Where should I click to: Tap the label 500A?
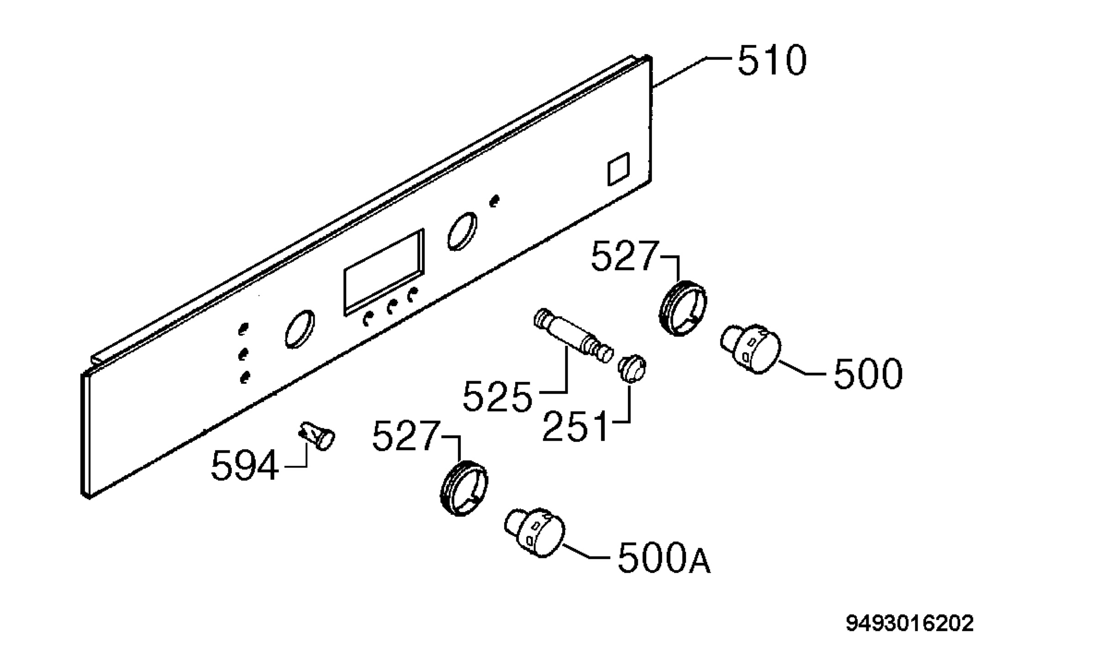point(664,559)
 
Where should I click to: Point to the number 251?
point(575,426)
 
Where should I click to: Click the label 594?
point(245,466)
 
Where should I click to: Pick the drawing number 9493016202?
point(910,623)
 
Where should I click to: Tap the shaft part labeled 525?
point(573,336)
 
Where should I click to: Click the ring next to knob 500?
point(683,308)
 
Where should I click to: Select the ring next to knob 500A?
point(464,489)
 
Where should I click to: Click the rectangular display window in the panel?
point(384,272)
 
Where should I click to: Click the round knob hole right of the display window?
point(462,231)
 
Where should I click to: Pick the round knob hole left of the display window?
point(300,329)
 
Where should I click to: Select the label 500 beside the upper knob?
point(868,373)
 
